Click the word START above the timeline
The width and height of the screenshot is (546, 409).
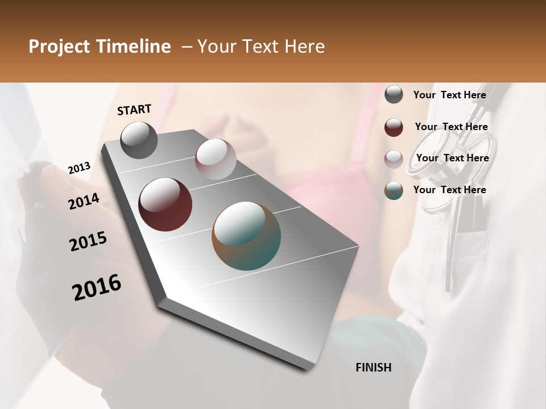pyautogui.click(x=134, y=110)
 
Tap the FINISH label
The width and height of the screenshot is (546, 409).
pyautogui.click(x=374, y=368)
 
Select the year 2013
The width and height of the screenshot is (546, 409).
pyautogui.click(x=79, y=168)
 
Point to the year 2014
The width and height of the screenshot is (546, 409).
pyautogui.click(x=84, y=202)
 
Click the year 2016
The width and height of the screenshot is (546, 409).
pyautogui.click(x=97, y=287)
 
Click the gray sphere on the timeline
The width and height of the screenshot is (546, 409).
pyautogui.click(x=139, y=140)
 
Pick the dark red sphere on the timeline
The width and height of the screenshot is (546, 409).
pyautogui.click(x=165, y=204)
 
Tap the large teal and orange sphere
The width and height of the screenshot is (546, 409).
pyautogui.click(x=246, y=236)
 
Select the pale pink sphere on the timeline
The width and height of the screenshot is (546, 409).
pyautogui.click(x=216, y=158)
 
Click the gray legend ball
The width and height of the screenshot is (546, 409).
pyautogui.click(x=394, y=94)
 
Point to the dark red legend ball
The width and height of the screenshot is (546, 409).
pyautogui.click(x=394, y=127)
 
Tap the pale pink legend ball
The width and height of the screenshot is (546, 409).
pyautogui.click(x=394, y=159)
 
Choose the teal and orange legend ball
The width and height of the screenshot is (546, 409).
pyautogui.click(x=394, y=190)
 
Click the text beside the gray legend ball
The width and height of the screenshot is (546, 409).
pyautogui.click(x=450, y=95)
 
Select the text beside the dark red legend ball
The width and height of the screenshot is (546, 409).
pyautogui.click(x=452, y=127)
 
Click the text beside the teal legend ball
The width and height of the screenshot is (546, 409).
pyautogui.click(x=450, y=190)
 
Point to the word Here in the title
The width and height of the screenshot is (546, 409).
pyautogui.click(x=304, y=47)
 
